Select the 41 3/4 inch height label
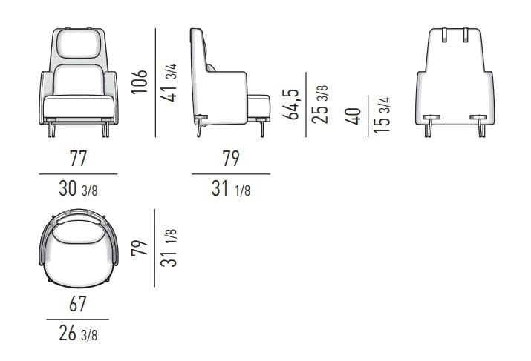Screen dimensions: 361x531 pos(170,82)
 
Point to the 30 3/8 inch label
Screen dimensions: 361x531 pos(77,190)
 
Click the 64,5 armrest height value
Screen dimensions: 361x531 pos(293,104)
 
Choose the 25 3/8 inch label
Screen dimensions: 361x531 pos(321,104)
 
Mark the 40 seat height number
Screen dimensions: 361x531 pos(354,116)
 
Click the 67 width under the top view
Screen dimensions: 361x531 pos(77,304)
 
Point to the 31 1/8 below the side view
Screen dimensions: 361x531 pos(230,190)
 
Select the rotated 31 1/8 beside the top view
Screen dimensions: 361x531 pos(170,248)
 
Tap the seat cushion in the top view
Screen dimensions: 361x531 pos(79,252)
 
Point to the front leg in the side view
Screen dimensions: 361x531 pos(262,129)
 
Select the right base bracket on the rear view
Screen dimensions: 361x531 pos(480,117)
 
